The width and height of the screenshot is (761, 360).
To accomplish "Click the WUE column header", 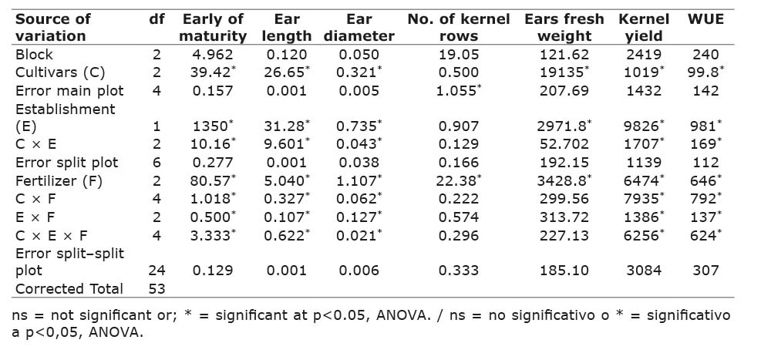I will click(705, 19).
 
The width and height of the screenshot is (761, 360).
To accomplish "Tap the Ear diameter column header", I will click(359, 27).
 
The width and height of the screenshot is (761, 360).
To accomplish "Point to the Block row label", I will click(32, 54).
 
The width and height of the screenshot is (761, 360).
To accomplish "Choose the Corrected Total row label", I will click(69, 289).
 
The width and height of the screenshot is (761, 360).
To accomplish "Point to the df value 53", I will click(157, 289).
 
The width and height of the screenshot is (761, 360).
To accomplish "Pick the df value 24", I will click(157, 271).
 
